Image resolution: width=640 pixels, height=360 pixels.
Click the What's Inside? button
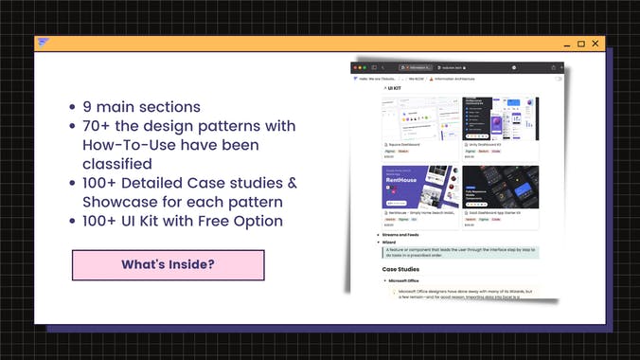168,265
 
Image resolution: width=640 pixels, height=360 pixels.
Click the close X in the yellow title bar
596,43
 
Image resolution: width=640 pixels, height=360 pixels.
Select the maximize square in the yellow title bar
580,44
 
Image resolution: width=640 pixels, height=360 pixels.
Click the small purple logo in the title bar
43,42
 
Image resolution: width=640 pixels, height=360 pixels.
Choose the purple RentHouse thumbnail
420,187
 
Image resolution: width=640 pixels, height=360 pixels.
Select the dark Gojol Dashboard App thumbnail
501,188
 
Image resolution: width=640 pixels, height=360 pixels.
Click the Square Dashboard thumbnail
420,117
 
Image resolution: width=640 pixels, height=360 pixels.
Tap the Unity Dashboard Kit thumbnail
501,118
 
